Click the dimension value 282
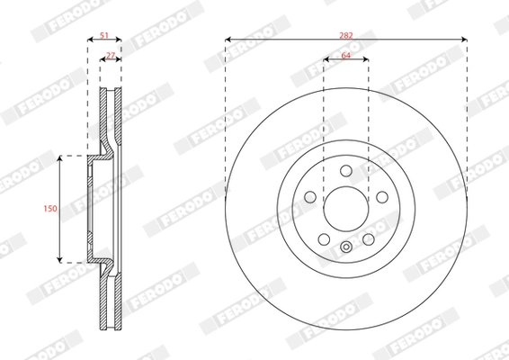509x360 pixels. tap(346, 35)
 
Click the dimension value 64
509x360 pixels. tap(346, 56)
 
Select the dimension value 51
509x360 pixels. tap(104, 35)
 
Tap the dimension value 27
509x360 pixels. tap(111, 56)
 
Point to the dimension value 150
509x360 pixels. tap(50, 208)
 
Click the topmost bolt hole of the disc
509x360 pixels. tap(346, 171)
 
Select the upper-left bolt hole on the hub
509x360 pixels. tap(310, 197)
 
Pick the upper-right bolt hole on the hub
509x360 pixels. tap(382, 197)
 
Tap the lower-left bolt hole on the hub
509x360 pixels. tap(324, 239)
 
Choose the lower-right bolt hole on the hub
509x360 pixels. tap(369, 239)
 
